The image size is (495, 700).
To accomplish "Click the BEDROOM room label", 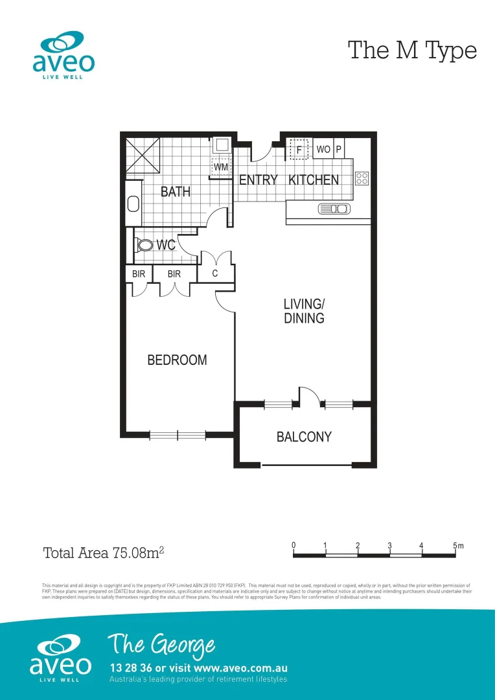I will tap(177, 360).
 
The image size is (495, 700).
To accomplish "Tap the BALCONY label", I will tap(304, 437).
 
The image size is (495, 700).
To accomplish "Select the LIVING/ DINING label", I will tap(304, 311).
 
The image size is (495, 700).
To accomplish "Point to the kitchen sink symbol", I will tap(334, 209).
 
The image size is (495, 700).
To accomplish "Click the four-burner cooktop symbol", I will tap(362, 178).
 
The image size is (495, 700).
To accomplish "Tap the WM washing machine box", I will tap(221, 167).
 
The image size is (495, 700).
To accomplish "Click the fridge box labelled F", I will tap(299, 150).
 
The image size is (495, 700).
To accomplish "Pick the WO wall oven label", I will tap(323, 150).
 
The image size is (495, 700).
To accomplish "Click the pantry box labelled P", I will tap(339, 150).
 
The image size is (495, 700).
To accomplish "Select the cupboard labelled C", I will tap(215, 274).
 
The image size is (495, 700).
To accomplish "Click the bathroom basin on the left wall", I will tap(133, 204).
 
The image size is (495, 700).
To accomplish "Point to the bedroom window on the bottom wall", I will tap(178, 435).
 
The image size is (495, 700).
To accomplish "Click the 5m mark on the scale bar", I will tap(457, 546).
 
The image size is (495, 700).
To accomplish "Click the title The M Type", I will tap(412, 50).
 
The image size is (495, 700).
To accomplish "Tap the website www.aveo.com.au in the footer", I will tap(240, 668).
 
